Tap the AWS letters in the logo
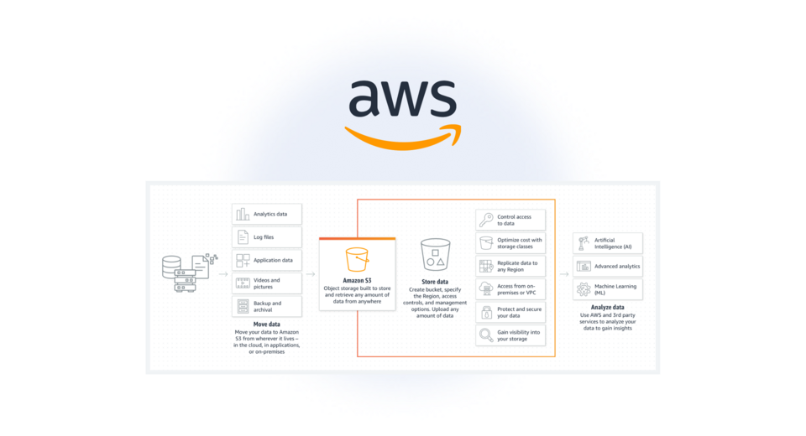coord(403,99)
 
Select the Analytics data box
coord(266,214)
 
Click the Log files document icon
coord(243,237)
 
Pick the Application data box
coord(266,260)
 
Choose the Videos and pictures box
coord(266,283)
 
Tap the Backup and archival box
coord(266,306)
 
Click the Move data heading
coord(266,324)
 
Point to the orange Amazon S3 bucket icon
coord(357,259)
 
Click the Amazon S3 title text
coord(357,280)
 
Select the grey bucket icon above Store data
coord(435,255)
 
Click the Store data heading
coord(435,282)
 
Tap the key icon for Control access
coord(486,221)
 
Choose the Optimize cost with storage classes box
coord(510,243)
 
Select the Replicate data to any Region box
coord(510,267)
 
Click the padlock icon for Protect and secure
coord(486,313)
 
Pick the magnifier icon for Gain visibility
coord(486,335)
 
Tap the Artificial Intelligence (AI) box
coord(608,243)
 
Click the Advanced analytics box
coord(608,267)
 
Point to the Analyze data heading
coord(607,308)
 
